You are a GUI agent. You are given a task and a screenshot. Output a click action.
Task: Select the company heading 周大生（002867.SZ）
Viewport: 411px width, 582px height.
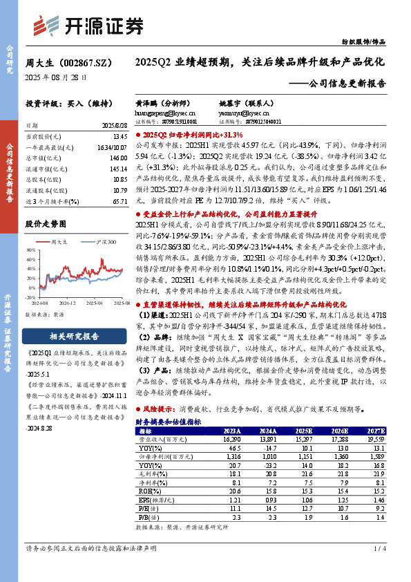tap(64, 63)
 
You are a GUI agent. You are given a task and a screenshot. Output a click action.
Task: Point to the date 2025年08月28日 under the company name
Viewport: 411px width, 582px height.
tap(56, 78)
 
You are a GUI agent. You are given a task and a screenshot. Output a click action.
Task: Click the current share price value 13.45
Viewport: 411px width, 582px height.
tap(119, 137)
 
